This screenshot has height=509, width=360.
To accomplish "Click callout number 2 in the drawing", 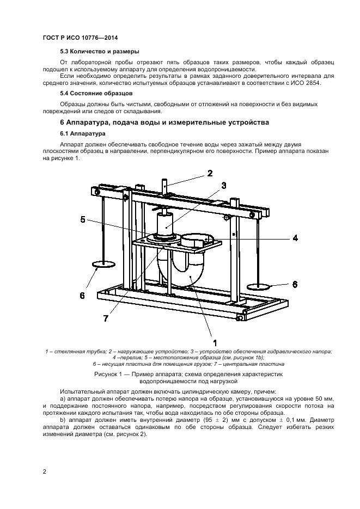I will tap(209, 174).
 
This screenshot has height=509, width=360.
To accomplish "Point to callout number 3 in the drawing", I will tap(223, 186).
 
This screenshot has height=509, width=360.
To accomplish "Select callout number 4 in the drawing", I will tap(295, 238).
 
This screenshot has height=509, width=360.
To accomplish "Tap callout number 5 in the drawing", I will tap(83, 219).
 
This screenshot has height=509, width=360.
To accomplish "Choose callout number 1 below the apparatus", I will tap(215, 342).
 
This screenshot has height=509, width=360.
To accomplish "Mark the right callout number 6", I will tap(294, 284).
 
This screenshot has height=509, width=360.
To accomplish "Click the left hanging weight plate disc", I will tap(103, 265).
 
